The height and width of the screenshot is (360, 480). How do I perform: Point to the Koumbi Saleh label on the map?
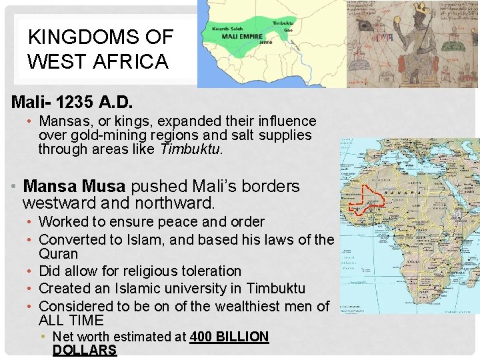[x=225, y=29]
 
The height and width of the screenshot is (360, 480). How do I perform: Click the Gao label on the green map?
[x=287, y=29]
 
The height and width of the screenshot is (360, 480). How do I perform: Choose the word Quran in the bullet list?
[x=59, y=254]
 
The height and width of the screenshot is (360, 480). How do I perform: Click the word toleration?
[x=207, y=271]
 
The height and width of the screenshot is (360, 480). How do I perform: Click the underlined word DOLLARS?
[x=85, y=351]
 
